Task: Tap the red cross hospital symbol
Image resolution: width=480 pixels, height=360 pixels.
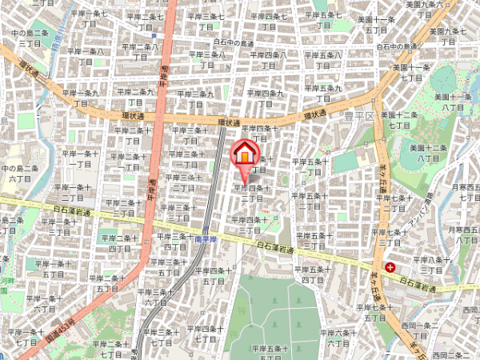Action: [390, 267]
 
